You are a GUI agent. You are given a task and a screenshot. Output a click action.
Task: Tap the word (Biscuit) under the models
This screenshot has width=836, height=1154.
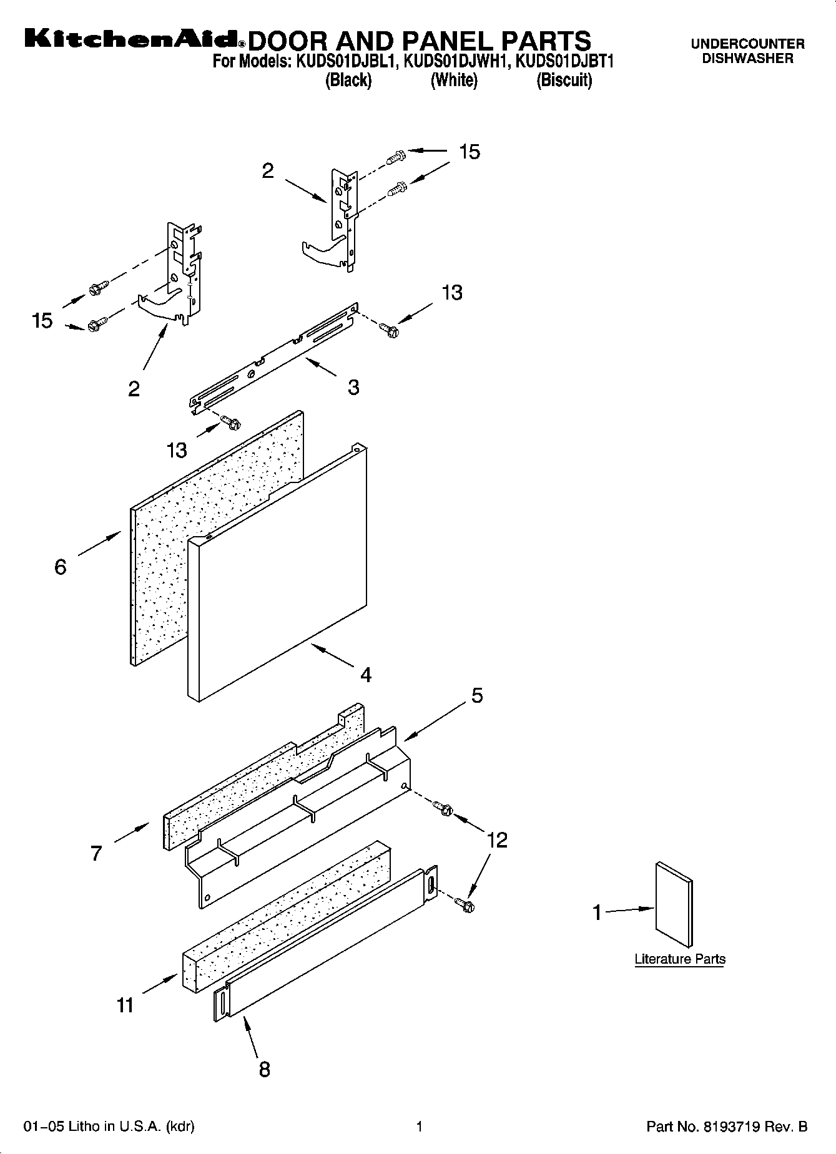(564, 81)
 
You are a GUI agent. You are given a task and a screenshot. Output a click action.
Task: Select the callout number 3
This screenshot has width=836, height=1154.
(353, 387)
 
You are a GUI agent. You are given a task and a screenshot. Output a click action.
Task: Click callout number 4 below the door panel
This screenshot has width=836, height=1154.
(366, 675)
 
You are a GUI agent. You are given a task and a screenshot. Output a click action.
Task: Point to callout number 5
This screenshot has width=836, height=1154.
(477, 695)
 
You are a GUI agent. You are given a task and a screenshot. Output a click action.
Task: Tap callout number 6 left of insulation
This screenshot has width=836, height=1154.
(61, 567)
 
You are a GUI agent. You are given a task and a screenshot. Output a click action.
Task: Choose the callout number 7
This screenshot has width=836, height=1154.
(96, 853)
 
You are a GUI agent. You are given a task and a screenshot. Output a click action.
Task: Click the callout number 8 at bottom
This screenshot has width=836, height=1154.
(265, 1069)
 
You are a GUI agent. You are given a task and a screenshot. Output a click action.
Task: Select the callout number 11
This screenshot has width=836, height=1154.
(125, 1005)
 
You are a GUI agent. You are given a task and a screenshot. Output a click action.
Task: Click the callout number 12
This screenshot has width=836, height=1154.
(497, 840)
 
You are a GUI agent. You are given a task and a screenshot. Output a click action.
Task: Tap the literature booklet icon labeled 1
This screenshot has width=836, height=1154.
(674, 905)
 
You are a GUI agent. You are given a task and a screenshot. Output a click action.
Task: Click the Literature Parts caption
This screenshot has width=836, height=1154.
(680, 959)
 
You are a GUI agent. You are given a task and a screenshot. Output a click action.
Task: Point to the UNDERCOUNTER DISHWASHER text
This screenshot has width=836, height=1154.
(747, 51)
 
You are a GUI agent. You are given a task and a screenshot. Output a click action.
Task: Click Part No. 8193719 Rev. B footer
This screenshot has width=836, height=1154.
(727, 1127)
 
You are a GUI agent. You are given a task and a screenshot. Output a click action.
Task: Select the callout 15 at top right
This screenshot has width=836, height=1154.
(470, 152)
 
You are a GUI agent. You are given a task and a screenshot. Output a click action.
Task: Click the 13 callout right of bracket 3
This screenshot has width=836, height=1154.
(452, 293)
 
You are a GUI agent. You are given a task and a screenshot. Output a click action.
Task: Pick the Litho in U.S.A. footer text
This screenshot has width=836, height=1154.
(109, 1127)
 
